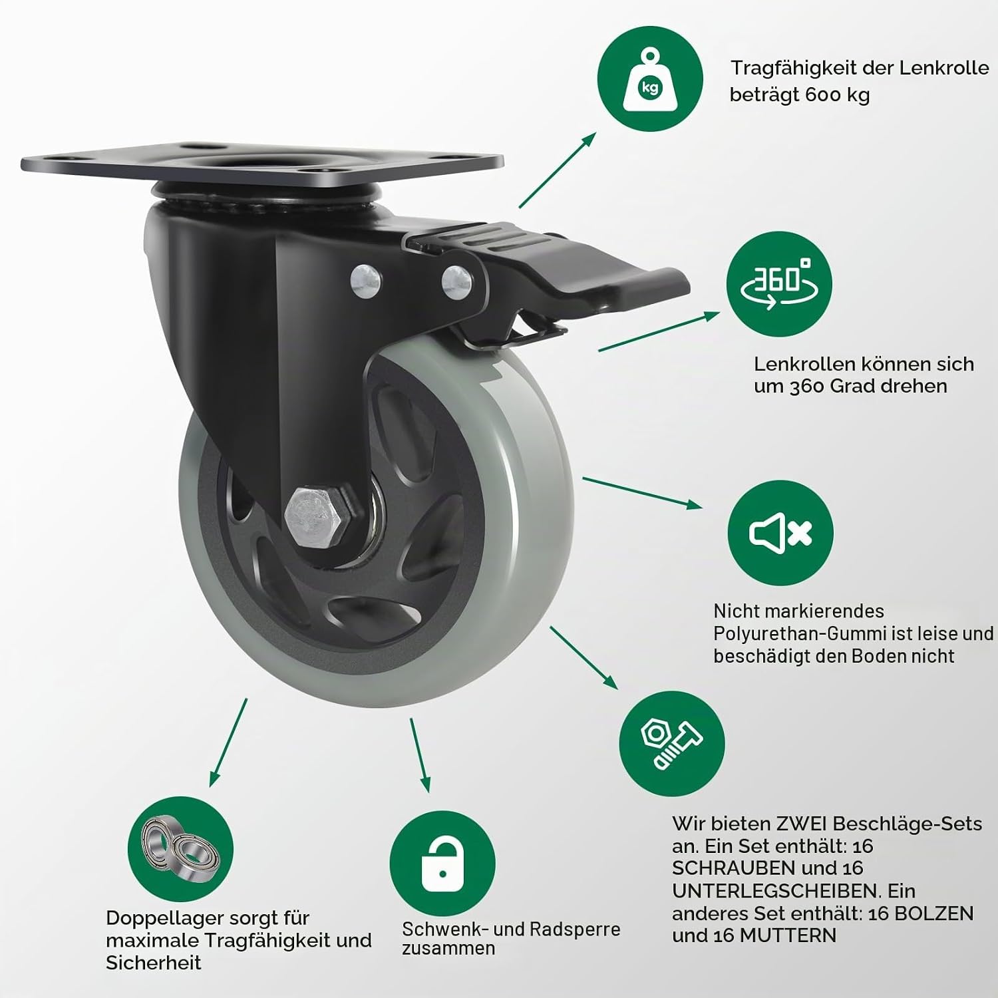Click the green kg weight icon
point(650,79)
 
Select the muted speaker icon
point(781,533)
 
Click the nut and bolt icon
point(672,743)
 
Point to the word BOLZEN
point(934,914)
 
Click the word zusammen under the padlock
point(448,948)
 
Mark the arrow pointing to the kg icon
point(558,170)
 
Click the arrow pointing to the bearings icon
point(228,743)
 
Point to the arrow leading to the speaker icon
point(642,493)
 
